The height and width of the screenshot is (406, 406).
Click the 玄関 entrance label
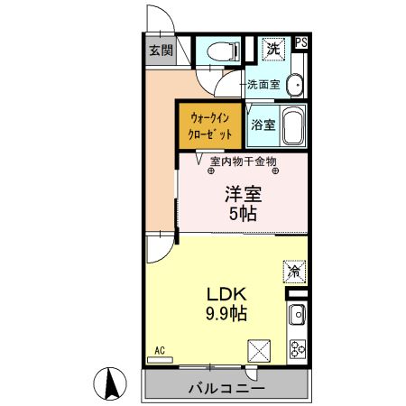click(161, 51)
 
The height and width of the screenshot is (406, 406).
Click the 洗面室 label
click(264, 85)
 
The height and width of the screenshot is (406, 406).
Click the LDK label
click(227, 294)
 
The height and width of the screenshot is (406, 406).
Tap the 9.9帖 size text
click(227, 314)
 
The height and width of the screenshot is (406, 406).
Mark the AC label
click(160, 350)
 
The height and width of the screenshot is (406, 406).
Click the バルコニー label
click(226, 390)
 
